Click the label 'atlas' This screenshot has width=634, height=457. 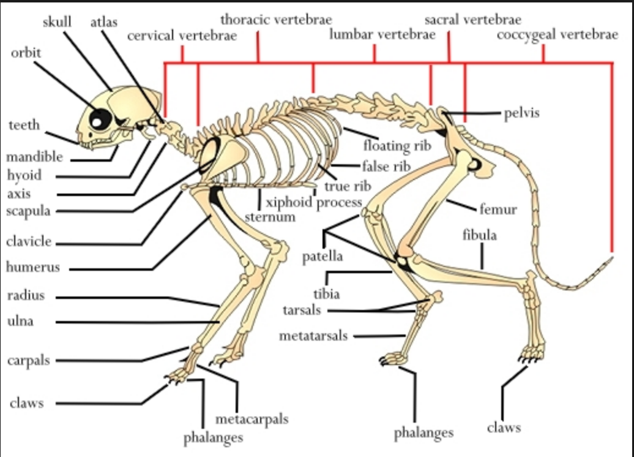(104, 22)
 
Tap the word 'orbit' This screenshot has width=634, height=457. (26, 52)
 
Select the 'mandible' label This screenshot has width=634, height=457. (34, 157)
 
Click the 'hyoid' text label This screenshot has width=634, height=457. (24, 175)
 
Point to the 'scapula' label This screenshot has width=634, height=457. (28, 211)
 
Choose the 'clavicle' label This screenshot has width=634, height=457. (29, 241)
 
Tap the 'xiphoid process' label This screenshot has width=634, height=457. (313, 203)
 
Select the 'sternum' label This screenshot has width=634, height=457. (270, 217)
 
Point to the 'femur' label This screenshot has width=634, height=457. (498, 210)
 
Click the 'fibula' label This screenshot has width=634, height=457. (480, 235)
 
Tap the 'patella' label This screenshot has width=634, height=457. (323, 256)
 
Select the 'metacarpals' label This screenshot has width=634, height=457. (252, 420)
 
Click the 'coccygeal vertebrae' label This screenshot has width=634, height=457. (558, 35)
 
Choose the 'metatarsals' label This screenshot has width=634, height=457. (313, 336)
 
